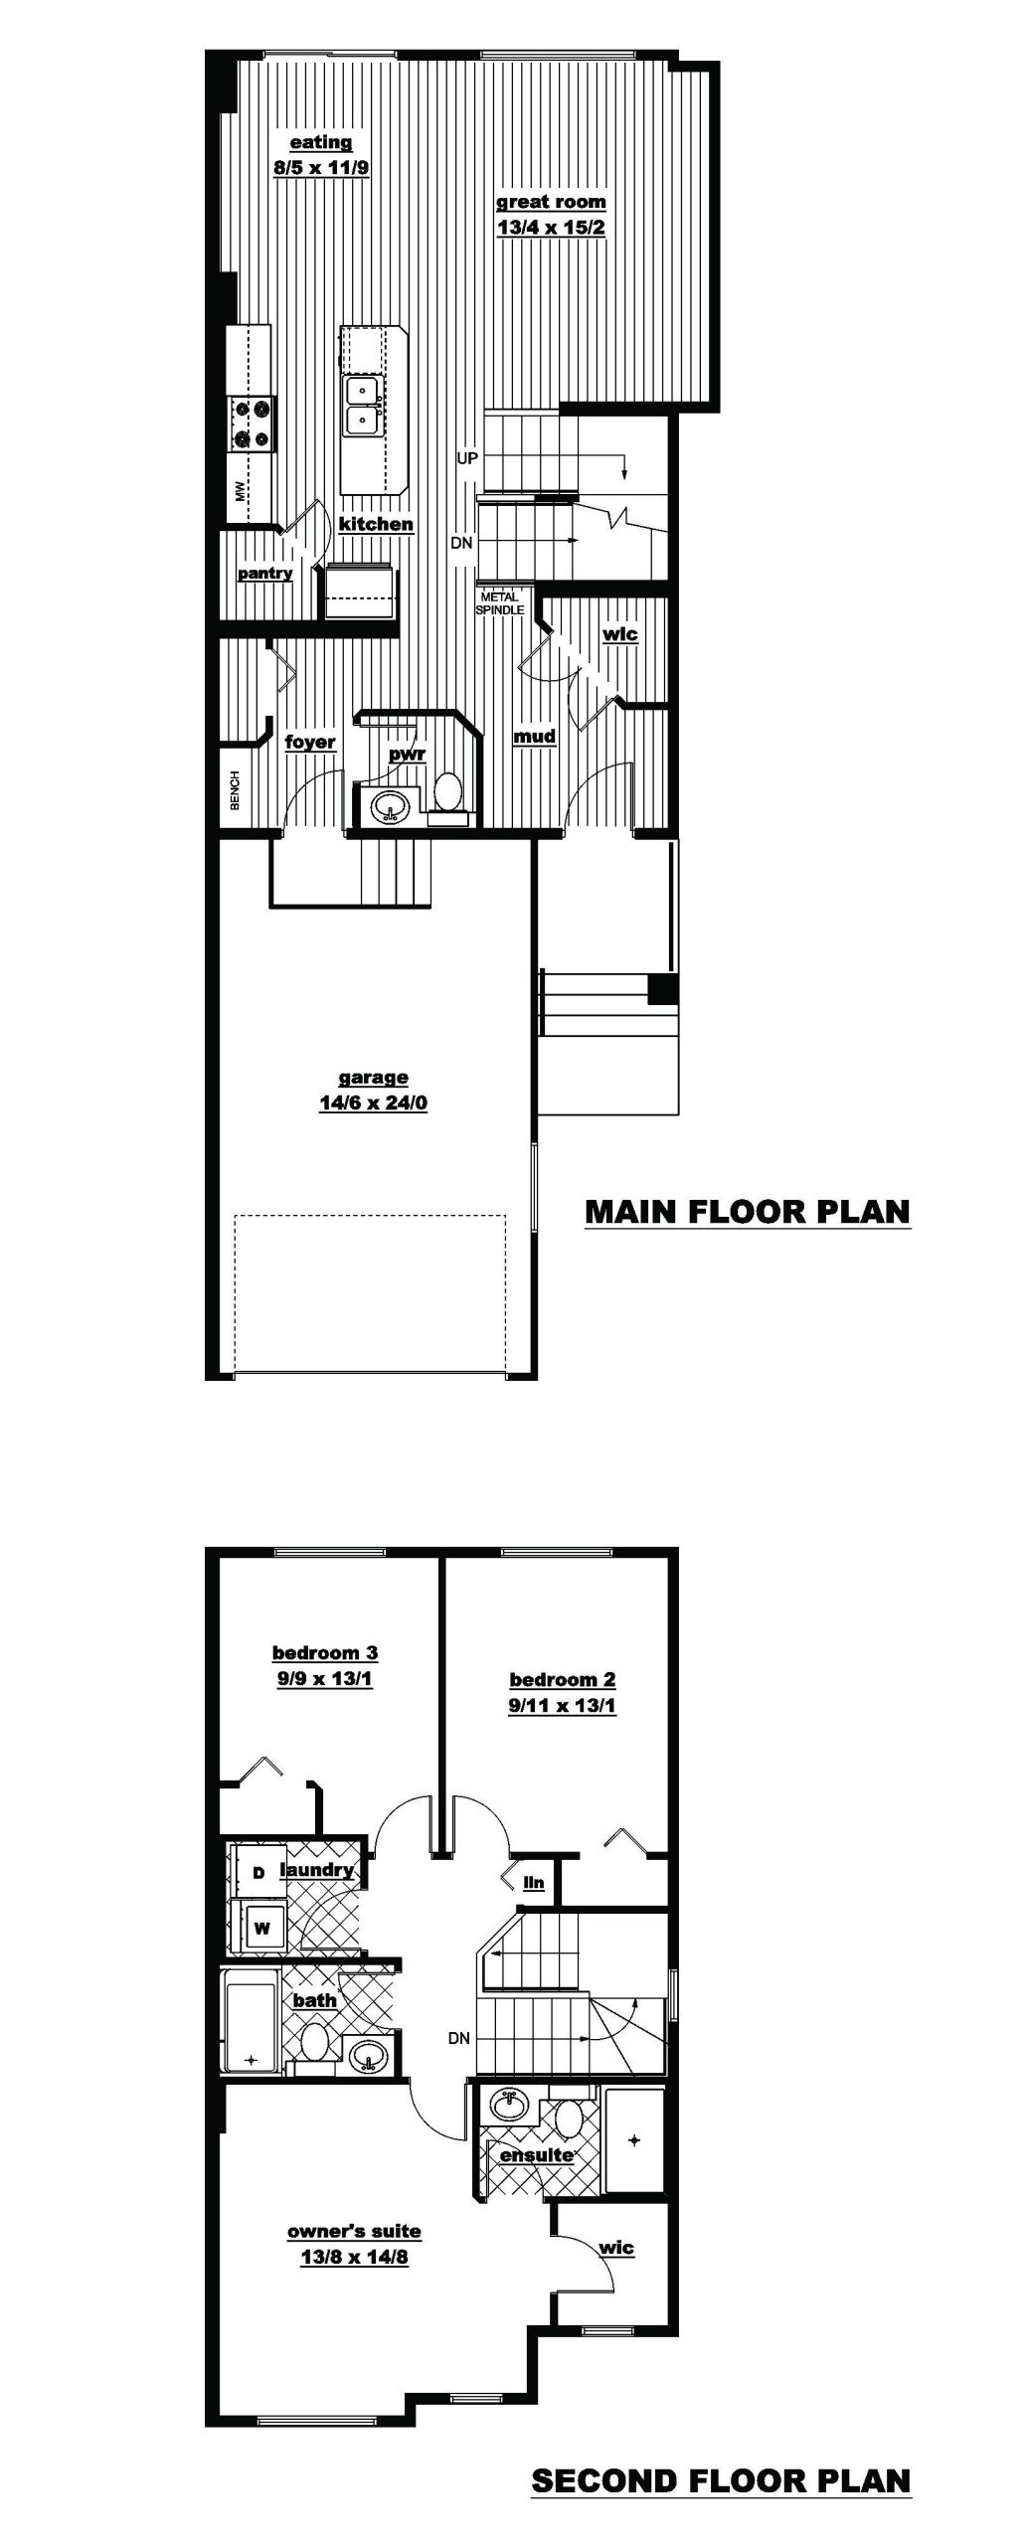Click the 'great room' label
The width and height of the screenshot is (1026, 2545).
point(551,202)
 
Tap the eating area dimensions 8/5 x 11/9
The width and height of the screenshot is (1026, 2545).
point(321,168)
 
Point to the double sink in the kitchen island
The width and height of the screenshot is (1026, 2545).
point(364,406)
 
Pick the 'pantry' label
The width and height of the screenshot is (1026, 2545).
point(264,574)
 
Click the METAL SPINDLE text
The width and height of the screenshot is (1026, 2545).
point(499,603)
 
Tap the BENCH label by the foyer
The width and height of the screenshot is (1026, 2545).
point(236,790)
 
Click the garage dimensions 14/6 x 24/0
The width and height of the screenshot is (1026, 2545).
point(374,1103)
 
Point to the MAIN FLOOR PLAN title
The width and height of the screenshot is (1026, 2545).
point(748,1212)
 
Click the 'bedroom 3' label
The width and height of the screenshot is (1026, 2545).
point(325,1653)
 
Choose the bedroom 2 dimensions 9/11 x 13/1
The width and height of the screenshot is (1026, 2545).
point(563,1706)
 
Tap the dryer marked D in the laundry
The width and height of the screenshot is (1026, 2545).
point(258,1873)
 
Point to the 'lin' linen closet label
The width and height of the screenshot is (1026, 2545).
point(534,1883)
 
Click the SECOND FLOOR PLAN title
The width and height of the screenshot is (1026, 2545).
point(721,2481)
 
